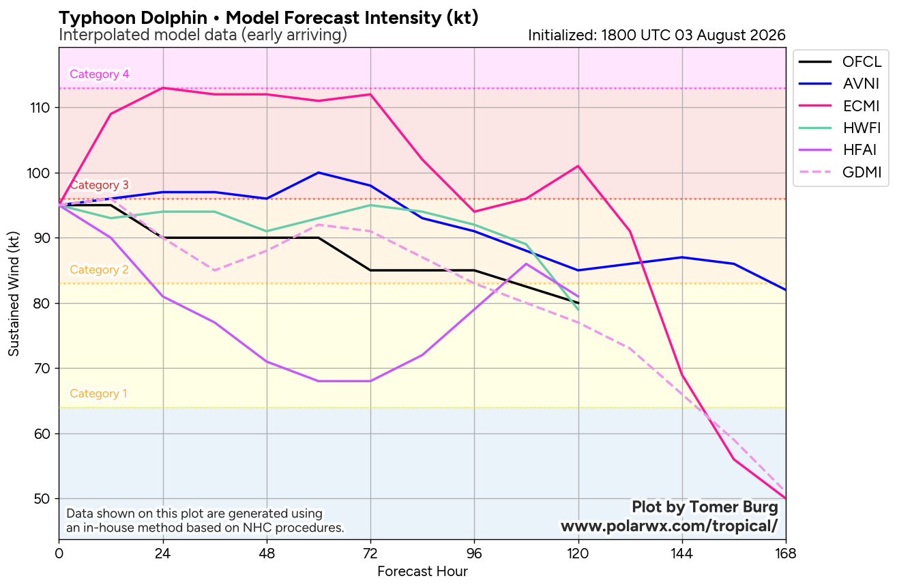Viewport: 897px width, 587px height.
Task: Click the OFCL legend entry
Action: pyautogui.click(x=840, y=61)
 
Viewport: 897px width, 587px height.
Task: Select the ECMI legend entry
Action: pyautogui.click(x=840, y=106)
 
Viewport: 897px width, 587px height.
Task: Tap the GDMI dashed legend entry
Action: pyautogui.click(x=840, y=172)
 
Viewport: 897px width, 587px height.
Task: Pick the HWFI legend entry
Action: pyautogui.click(x=840, y=128)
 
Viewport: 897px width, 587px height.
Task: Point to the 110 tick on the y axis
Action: pyautogui.click(x=40, y=108)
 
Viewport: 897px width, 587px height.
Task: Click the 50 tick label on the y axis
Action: pyautogui.click(x=42, y=499)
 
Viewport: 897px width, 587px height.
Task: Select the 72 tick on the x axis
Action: pyautogui.click(x=370, y=554)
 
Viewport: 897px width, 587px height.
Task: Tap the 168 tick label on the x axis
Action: pyautogui.click(x=786, y=554)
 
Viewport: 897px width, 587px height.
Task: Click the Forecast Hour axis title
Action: pyautogui.click(x=422, y=572)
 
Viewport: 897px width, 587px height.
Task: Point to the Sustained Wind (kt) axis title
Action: pyautogui.click(x=14, y=293)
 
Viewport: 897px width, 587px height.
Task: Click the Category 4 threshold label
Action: pyautogui.click(x=100, y=74)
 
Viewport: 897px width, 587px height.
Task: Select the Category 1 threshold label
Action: pyautogui.click(x=98, y=393)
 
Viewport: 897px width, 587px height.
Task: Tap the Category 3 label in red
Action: pyautogui.click(x=100, y=185)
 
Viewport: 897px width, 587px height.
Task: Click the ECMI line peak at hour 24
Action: pyautogui.click(x=163, y=88)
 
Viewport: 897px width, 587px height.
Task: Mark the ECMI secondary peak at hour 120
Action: pyautogui.click(x=578, y=166)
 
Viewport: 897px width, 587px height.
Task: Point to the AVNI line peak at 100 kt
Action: pyautogui.click(x=319, y=173)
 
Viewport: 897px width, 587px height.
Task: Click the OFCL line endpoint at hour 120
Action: pyautogui.click(x=578, y=303)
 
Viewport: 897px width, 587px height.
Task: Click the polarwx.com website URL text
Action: pyautogui.click(x=669, y=526)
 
